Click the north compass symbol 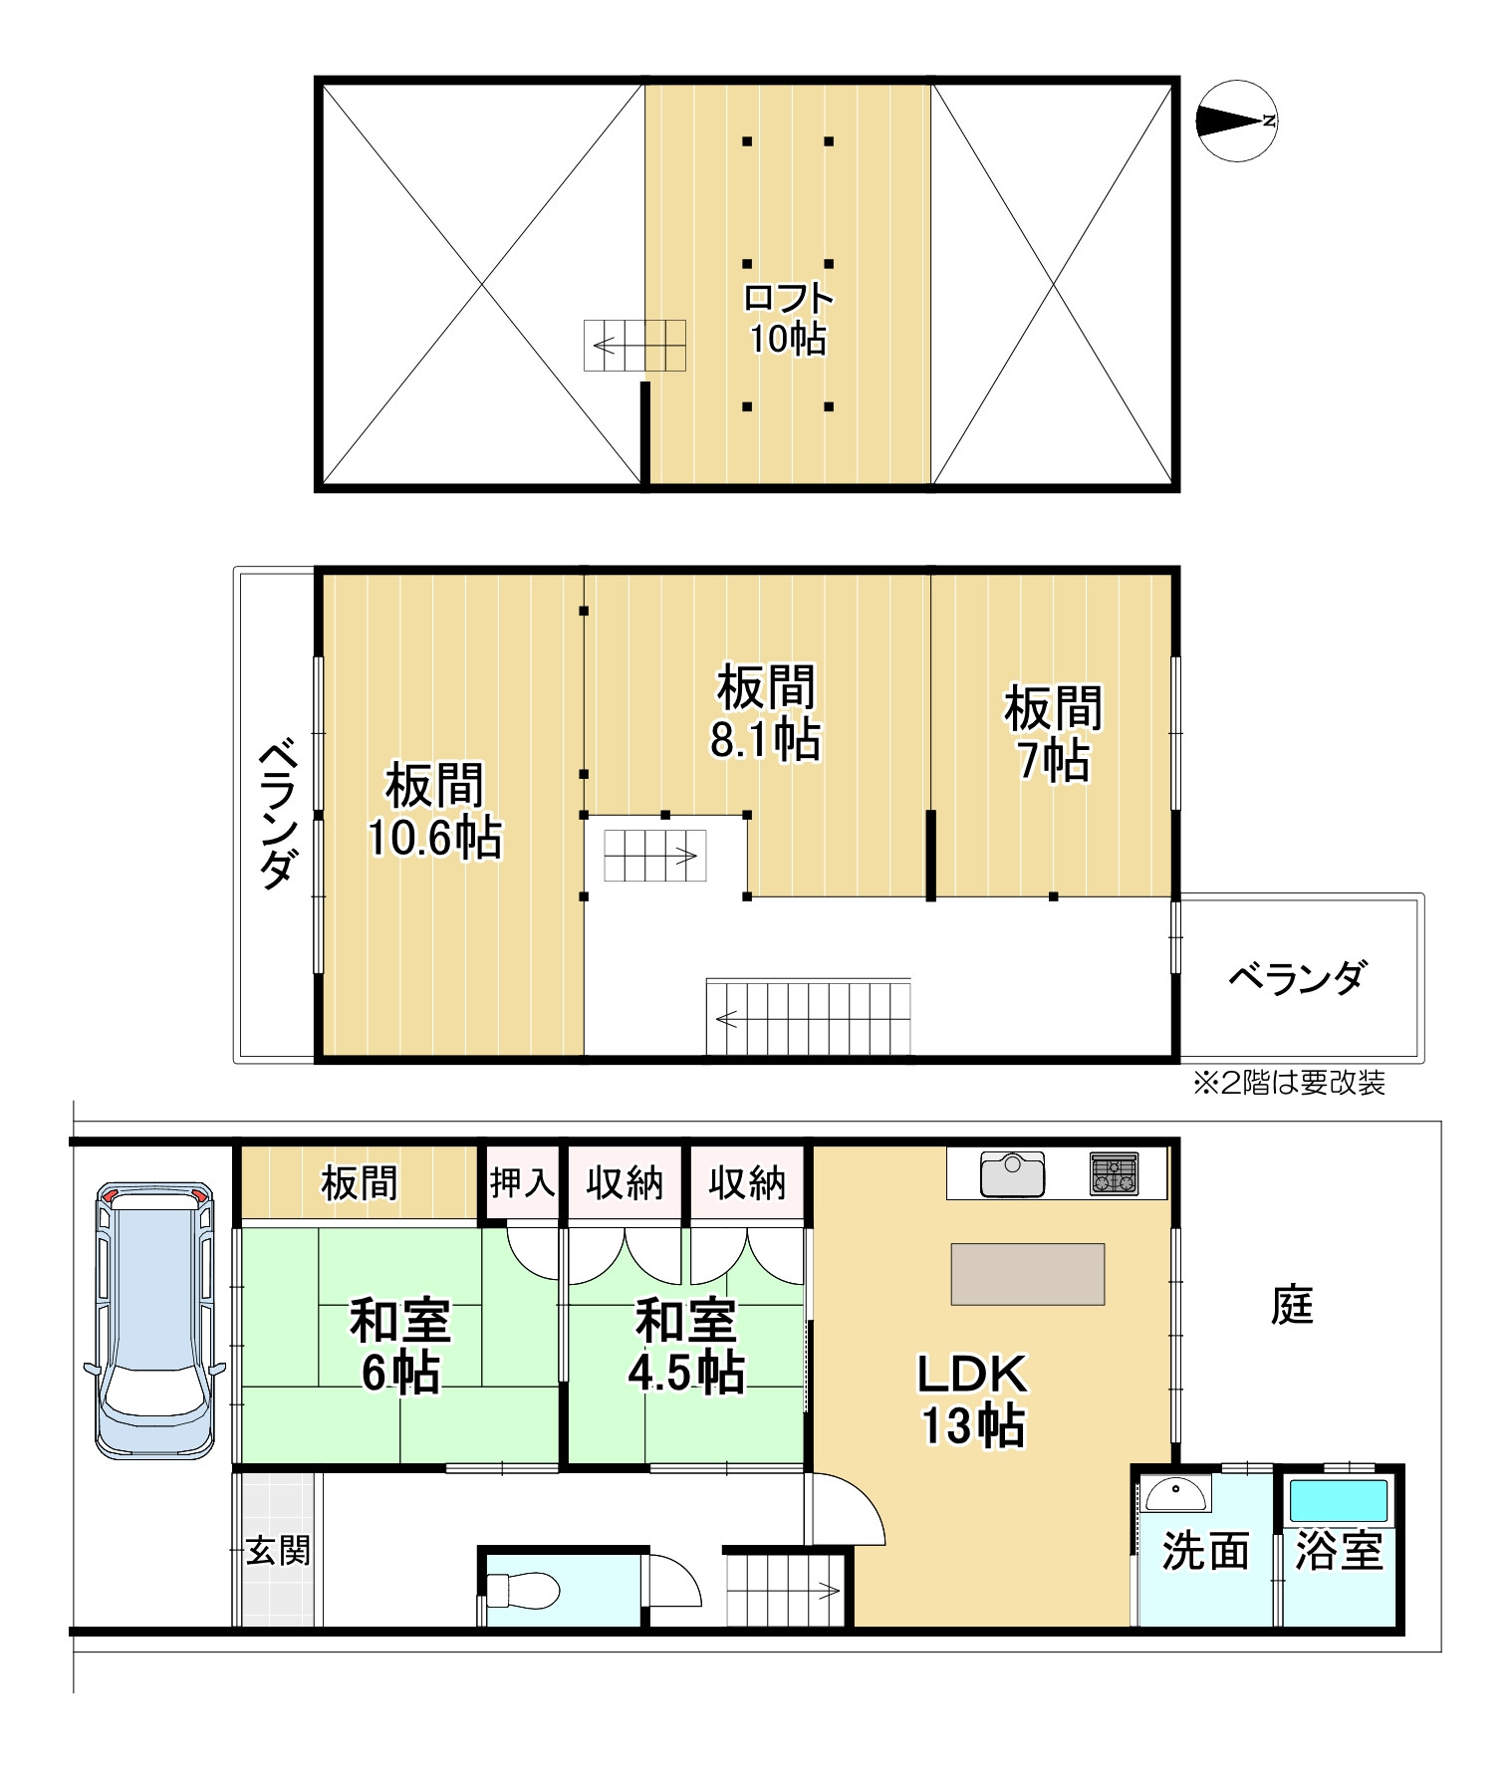(x=1235, y=121)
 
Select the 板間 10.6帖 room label (x=434, y=811)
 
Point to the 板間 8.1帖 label (x=765, y=713)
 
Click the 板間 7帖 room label (x=1053, y=734)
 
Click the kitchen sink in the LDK (x=1012, y=1174)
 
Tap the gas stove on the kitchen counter (x=1114, y=1173)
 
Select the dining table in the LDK (x=1028, y=1274)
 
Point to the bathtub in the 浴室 (x=1339, y=1500)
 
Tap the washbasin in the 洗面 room (x=1175, y=1495)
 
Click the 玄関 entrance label (x=278, y=1551)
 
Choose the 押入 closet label (x=522, y=1183)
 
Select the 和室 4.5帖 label (x=686, y=1347)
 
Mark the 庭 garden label (x=1293, y=1305)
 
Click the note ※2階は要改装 (x=1289, y=1083)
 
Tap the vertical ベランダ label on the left (x=276, y=814)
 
